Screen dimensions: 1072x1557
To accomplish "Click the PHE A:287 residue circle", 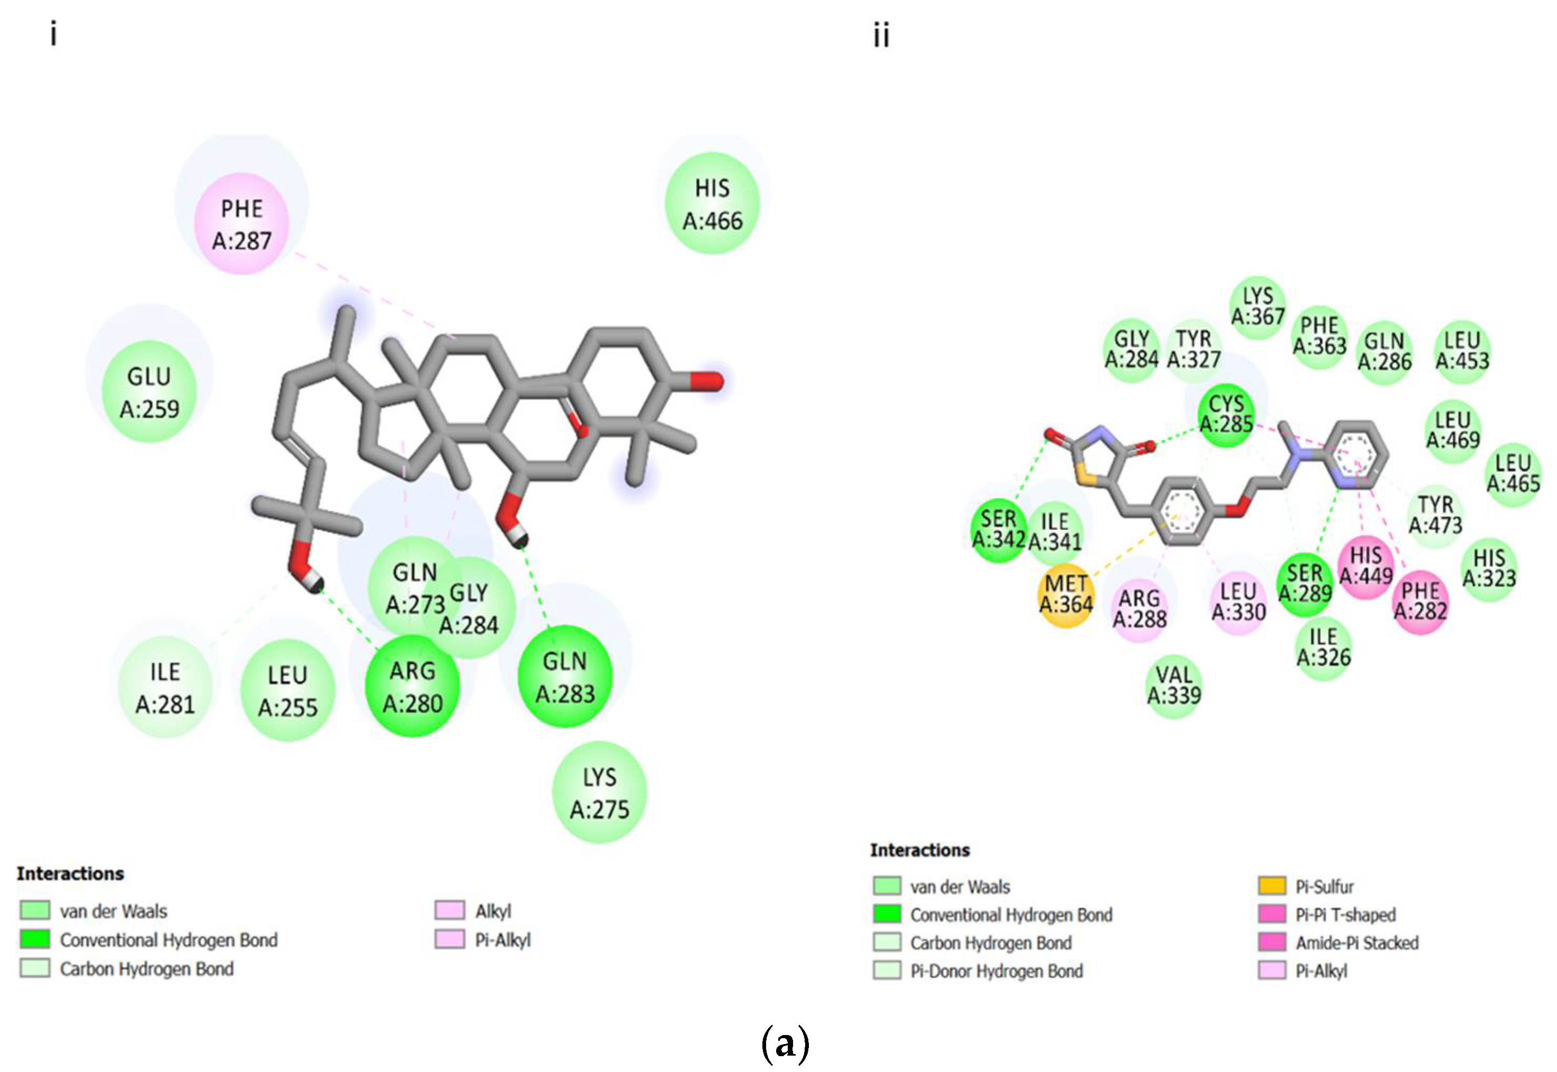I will [241, 224].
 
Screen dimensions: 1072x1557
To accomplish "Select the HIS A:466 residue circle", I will [712, 203].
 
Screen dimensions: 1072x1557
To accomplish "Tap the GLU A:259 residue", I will [149, 392].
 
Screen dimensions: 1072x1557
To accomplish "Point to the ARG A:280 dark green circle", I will [412, 687].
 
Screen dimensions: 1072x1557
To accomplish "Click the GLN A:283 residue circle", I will [565, 677].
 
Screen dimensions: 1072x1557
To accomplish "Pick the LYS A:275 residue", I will [600, 793].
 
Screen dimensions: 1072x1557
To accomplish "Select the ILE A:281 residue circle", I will [165, 687].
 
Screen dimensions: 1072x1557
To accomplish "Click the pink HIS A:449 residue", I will [1366, 566].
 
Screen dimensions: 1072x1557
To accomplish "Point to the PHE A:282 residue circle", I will [1420, 601].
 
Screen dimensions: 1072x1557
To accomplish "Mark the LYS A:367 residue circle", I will [1257, 306].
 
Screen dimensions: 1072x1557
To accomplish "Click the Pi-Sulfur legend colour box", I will [1272, 886].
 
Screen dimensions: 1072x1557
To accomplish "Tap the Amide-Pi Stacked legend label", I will [1357, 943].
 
